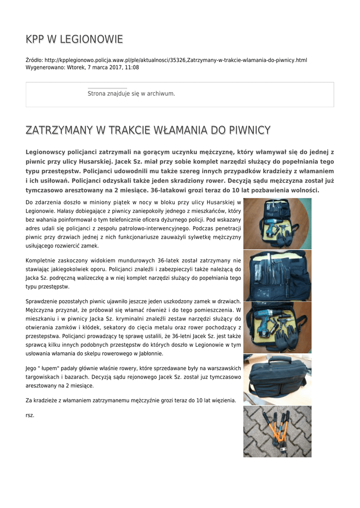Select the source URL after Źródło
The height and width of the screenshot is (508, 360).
coord(176,60)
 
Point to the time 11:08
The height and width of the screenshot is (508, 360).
coord(132,67)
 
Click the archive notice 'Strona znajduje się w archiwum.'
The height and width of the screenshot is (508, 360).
coord(131,93)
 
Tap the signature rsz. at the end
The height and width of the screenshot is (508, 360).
coord(30,415)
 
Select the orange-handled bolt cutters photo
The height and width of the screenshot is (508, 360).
coord(277,431)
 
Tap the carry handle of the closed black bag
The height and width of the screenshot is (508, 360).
coord(276,361)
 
